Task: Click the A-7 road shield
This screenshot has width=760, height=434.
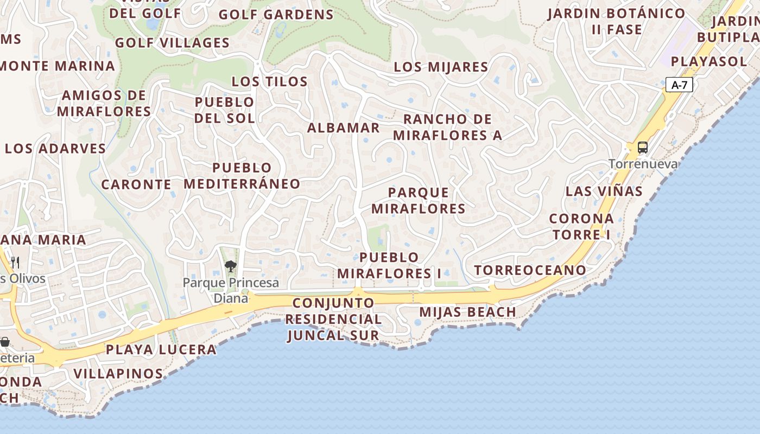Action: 679,85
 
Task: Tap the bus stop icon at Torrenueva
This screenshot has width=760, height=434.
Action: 642,147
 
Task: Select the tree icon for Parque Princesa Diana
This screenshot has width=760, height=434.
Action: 231,266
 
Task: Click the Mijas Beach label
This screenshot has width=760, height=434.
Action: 467,312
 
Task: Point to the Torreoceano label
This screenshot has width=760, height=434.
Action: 530,270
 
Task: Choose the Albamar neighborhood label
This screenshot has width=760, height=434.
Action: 343,128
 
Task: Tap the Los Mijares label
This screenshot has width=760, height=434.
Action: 441,67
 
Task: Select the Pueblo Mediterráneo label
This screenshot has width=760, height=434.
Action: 242,176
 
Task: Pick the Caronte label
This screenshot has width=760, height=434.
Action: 136,184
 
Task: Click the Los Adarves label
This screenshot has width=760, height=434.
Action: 55,149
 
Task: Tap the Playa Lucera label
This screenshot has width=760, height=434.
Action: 161,350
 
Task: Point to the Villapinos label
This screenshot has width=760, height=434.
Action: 118,374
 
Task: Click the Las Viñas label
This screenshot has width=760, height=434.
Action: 604,191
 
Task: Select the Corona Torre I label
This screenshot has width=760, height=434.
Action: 581,227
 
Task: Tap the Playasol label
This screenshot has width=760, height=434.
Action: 709,61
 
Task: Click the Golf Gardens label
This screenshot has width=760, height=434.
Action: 276,15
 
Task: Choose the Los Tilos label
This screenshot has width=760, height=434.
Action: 269,82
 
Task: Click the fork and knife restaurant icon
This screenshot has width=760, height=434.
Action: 15,263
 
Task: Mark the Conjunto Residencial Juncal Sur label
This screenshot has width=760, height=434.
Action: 333,319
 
